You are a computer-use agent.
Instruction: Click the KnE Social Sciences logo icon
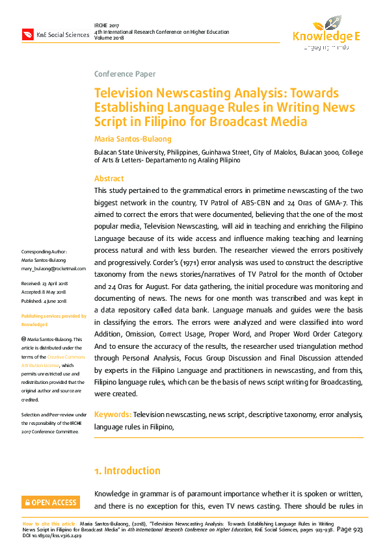[x=27, y=34]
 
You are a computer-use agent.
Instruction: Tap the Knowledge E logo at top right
[x=326, y=33]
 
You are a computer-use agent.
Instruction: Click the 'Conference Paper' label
[x=125, y=74]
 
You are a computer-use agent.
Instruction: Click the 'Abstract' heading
[x=109, y=179]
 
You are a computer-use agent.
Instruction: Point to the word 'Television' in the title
[x=124, y=94]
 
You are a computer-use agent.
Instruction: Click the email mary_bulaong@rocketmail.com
[x=53, y=268]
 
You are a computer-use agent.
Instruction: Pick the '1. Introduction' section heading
[x=127, y=470]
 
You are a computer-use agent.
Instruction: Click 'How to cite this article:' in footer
[x=49, y=523]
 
